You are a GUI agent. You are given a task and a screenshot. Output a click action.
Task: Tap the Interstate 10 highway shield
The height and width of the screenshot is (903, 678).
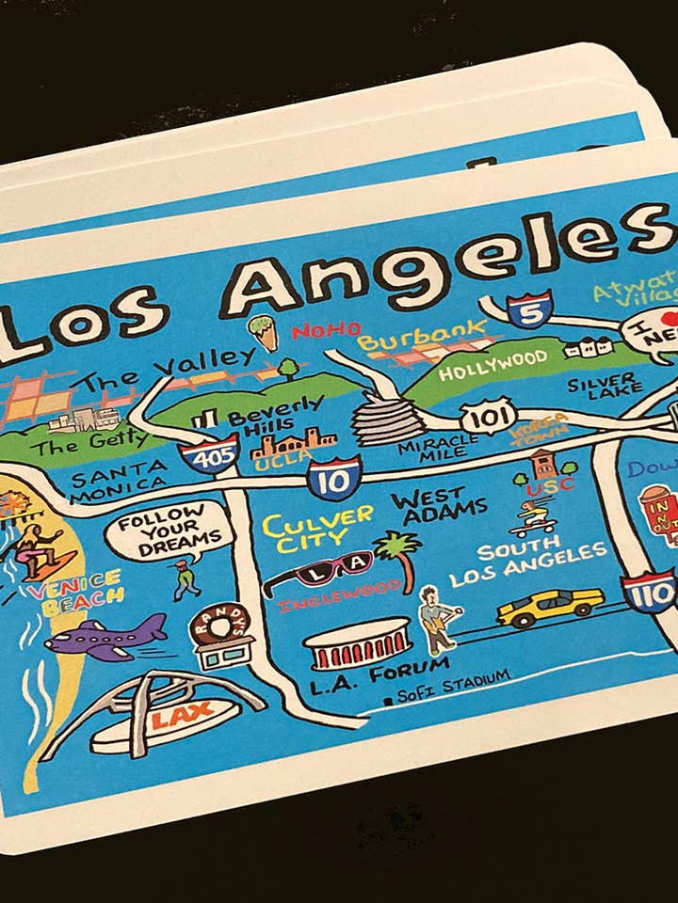click(x=333, y=477)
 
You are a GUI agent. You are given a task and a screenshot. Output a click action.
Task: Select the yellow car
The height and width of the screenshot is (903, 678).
click(x=550, y=607)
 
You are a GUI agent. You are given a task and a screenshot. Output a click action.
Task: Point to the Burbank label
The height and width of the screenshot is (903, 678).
click(x=422, y=337)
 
